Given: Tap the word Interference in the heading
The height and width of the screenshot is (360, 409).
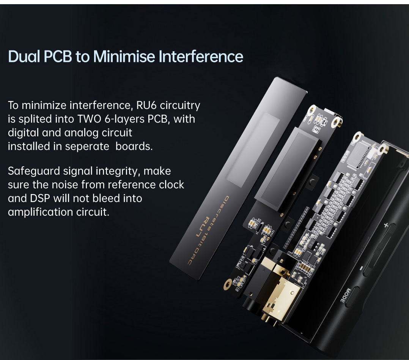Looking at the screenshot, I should [x=201, y=57].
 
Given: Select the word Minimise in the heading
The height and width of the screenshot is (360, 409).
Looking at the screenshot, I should [x=124, y=57].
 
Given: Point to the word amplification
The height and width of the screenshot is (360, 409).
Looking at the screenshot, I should [x=41, y=212].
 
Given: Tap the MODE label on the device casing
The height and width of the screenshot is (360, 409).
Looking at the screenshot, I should [x=341, y=295].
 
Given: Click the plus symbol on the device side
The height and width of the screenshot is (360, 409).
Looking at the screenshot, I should [x=386, y=225].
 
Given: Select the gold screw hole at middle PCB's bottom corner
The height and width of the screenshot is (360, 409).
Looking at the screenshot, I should [x=228, y=283].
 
